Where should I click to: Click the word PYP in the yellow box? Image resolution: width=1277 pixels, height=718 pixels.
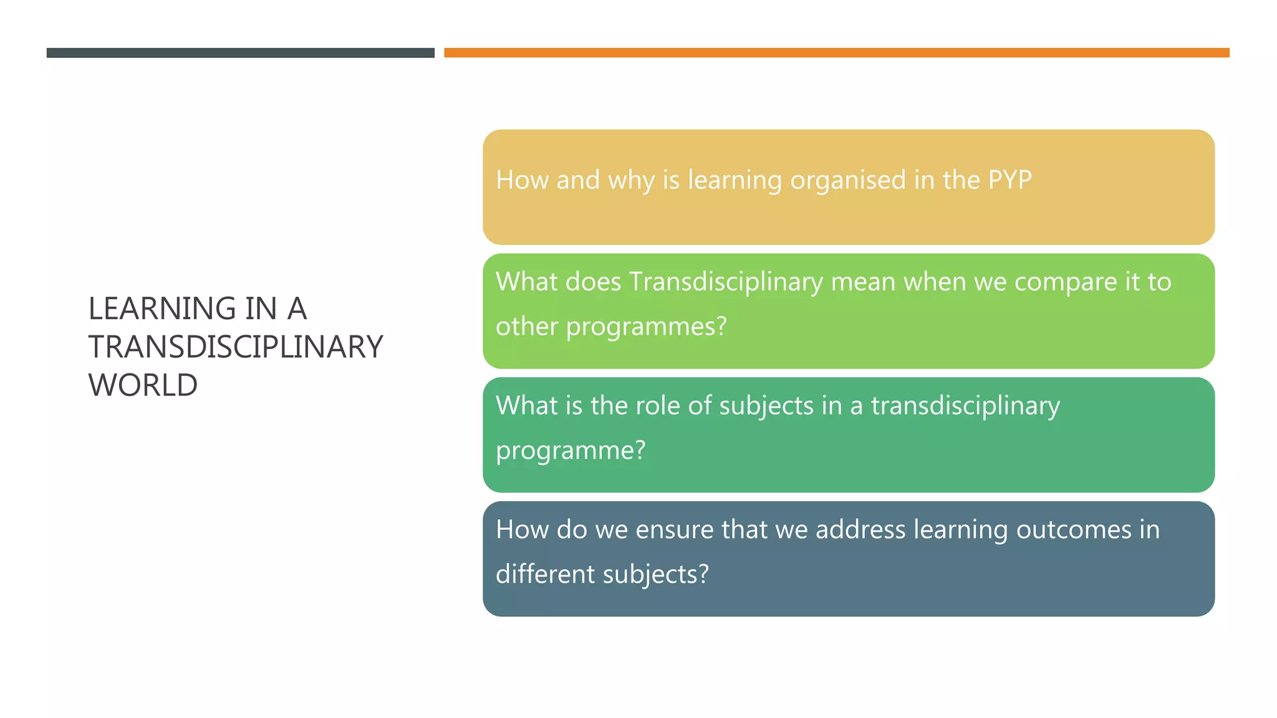click(x=1010, y=180)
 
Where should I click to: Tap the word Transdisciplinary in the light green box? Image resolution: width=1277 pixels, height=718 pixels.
click(x=726, y=282)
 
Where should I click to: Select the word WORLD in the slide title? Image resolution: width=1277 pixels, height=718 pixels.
click(x=143, y=385)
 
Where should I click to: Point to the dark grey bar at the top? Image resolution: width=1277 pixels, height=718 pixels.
click(x=240, y=53)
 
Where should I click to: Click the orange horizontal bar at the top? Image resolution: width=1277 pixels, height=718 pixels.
click(x=836, y=53)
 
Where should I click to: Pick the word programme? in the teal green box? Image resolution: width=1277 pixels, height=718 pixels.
click(x=571, y=451)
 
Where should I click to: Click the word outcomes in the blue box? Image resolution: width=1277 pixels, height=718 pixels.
click(x=1074, y=530)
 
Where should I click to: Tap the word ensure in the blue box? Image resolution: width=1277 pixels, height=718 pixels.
click(x=675, y=530)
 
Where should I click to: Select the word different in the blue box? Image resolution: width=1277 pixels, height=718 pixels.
click(x=545, y=574)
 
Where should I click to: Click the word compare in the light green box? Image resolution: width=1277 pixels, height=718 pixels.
click(x=1066, y=282)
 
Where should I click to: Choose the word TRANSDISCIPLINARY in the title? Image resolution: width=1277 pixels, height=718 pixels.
click(x=236, y=347)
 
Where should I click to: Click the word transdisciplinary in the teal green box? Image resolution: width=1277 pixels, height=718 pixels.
click(x=965, y=406)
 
